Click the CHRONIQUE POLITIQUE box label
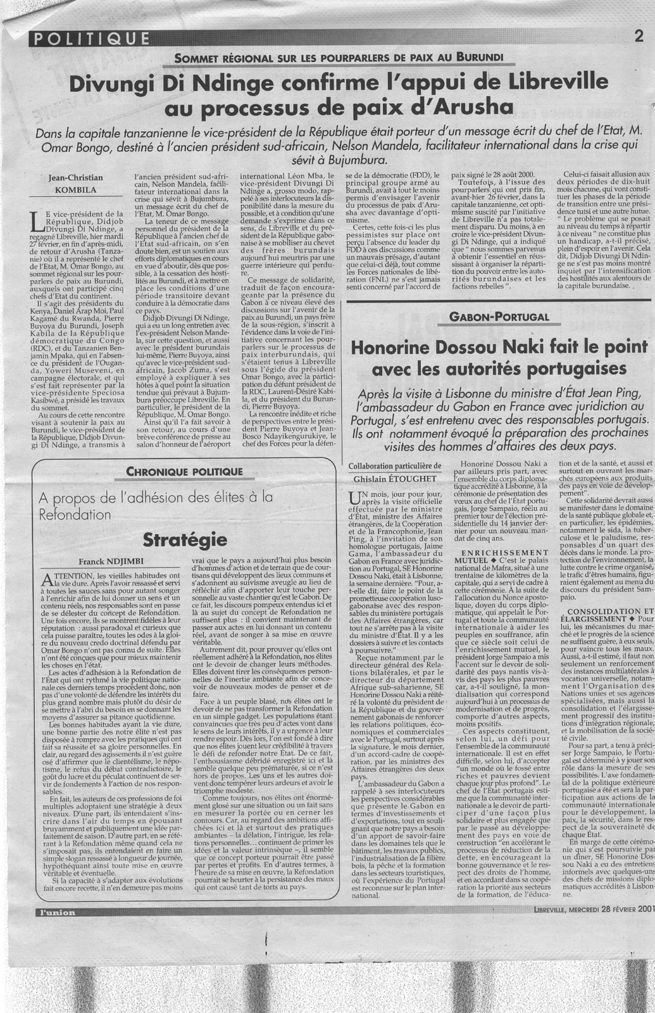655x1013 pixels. click(x=175, y=471)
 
